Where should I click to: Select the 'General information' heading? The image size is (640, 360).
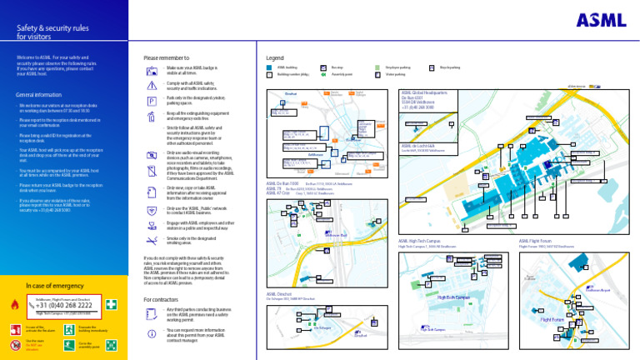click(x=40, y=94)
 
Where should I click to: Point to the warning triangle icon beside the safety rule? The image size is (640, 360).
click(x=151, y=86)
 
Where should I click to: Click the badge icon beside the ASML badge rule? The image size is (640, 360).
click(x=151, y=69)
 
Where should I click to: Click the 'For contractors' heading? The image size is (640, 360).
click(x=163, y=299)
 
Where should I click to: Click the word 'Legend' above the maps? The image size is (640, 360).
click(x=274, y=58)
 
